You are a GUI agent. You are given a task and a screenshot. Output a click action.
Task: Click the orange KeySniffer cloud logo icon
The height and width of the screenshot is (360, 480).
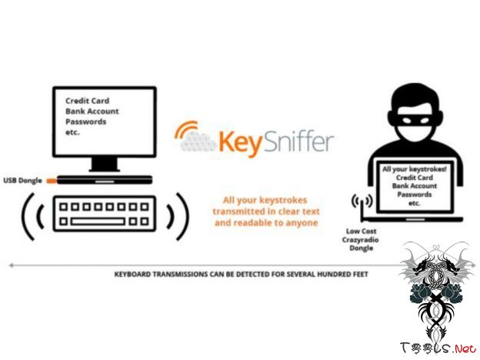pos(195,138)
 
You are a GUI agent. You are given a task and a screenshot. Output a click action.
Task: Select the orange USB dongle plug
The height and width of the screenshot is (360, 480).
pos(51,181)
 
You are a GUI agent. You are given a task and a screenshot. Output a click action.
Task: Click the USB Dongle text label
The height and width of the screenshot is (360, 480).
pos(22,181)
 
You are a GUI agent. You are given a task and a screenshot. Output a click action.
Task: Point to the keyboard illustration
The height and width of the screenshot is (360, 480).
pos(103,213)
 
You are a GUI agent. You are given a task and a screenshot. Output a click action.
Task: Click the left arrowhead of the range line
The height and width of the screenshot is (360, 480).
pos(12,265)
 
